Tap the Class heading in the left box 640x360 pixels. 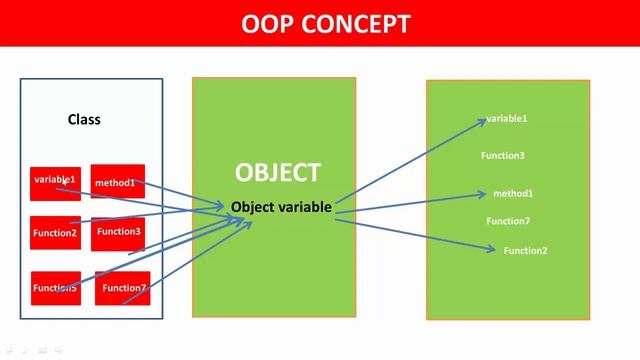point(84,120)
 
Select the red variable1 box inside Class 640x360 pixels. point(55,182)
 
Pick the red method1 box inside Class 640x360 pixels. point(117,182)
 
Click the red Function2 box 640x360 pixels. point(55,233)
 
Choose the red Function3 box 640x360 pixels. point(119,232)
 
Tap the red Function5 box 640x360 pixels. point(55,288)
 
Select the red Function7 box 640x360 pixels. point(122,288)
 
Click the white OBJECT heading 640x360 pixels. point(277,173)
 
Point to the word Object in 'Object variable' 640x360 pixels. point(253,207)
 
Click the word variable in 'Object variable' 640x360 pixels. point(305,207)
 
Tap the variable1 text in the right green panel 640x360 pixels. point(507,119)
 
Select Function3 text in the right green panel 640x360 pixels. point(503,156)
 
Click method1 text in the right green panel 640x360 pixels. point(513,193)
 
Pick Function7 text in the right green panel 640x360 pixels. point(508,221)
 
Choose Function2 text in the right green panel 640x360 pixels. point(525,250)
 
